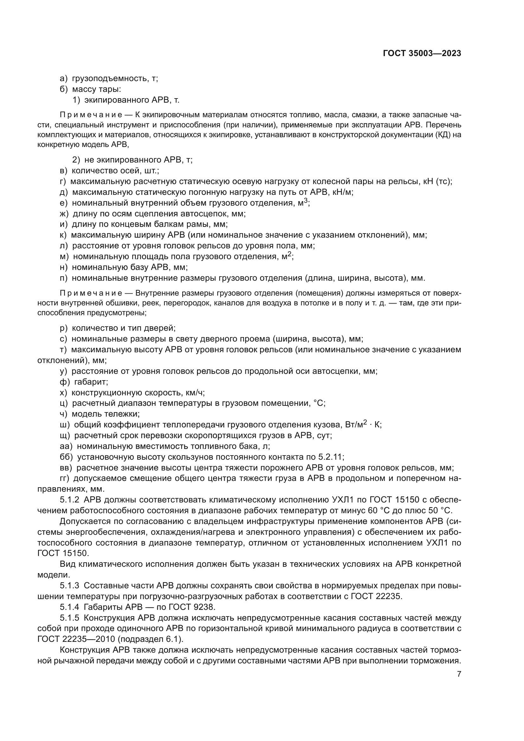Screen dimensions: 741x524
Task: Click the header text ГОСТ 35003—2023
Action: [x=422, y=53]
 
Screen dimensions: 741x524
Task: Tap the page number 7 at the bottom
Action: [x=459, y=674]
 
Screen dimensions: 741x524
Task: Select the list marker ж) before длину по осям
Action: [x=65, y=214]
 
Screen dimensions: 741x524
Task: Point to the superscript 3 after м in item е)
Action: [x=306, y=201]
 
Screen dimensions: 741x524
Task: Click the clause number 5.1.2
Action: [x=69, y=500]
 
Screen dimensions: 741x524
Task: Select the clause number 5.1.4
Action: [x=69, y=607]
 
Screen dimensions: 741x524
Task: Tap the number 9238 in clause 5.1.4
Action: [x=204, y=607]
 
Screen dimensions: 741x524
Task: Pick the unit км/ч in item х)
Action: [x=195, y=393]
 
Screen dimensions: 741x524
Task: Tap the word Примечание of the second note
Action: [x=91, y=293]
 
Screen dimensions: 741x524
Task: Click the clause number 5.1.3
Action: [x=69, y=585]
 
